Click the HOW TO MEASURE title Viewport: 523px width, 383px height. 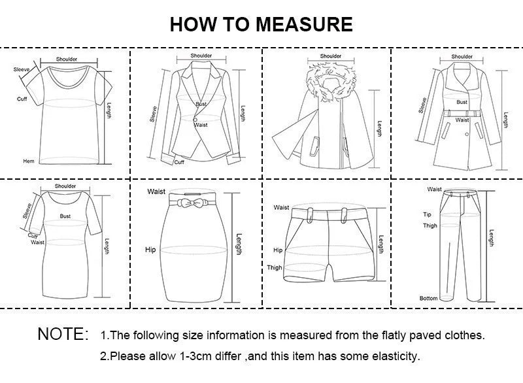[x=261, y=24]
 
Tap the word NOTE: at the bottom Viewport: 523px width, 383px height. [x=63, y=335]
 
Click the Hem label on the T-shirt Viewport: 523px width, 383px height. [x=28, y=161]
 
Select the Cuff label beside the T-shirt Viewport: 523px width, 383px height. [x=22, y=99]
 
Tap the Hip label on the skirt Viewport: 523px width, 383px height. [x=150, y=250]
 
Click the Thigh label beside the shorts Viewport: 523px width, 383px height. [x=275, y=268]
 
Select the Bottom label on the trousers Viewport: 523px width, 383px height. [x=429, y=298]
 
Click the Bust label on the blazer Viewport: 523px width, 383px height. [x=201, y=105]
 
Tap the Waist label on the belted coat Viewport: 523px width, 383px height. [x=462, y=120]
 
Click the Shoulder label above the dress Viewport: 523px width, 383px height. [x=65, y=186]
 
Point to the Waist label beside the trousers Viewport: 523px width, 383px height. [x=434, y=190]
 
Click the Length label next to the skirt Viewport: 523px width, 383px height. [x=239, y=244]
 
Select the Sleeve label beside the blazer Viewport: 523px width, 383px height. [x=154, y=114]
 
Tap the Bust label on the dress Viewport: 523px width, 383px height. [x=65, y=216]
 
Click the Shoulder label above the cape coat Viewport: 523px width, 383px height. [x=330, y=56]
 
